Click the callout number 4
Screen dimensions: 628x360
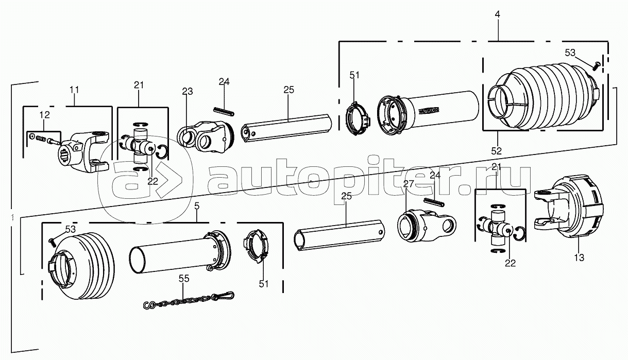[x=497, y=14]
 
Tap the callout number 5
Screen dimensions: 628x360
[x=197, y=206]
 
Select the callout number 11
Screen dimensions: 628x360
[x=74, y=90]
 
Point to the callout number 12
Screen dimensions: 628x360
[x=45, y=115]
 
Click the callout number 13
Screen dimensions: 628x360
[x=579, y=258]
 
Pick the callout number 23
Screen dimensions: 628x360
[x=188, y=91]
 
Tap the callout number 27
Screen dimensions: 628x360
[x=409, y=184]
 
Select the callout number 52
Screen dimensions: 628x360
[x=496, y=151]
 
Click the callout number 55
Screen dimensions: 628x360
[x=184, y=279]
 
